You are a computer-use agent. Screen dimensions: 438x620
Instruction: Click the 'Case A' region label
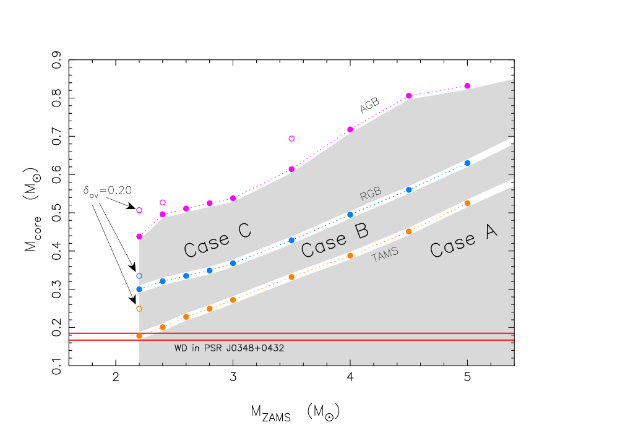click(463, 241)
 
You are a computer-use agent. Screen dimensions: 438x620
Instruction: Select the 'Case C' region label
click(217, 240)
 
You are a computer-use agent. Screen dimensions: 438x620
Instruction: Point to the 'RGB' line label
click(371, 194)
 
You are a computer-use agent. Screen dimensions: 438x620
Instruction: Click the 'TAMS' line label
click(385, 254)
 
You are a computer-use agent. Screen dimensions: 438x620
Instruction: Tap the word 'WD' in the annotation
click(181, 348)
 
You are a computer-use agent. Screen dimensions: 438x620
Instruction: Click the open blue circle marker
click(139, 276)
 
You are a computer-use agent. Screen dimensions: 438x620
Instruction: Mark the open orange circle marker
click(139, 309)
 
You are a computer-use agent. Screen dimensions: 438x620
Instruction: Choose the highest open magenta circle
click(291, 139)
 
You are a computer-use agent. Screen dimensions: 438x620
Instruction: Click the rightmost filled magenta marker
click(467, 86)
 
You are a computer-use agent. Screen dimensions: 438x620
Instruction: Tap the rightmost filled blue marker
click(467, 163)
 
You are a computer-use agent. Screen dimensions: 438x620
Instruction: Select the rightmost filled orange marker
click(467, 203)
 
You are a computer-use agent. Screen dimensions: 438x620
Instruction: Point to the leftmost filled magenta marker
click(139, 236)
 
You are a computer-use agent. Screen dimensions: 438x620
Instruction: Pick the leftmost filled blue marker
click(139, 289)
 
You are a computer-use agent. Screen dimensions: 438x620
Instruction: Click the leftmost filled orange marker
click(139, 336)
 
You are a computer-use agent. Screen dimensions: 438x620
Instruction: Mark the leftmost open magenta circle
click(139, 210)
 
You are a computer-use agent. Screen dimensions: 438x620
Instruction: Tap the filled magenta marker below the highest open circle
click(291, 169)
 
